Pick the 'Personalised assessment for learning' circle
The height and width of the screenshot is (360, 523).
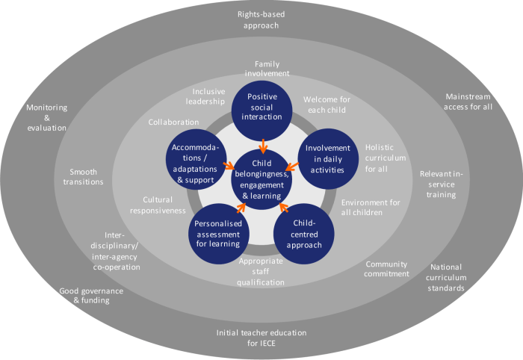(216, 232)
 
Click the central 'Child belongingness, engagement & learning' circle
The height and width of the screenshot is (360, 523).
(261, 179)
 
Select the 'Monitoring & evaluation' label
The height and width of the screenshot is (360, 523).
(46, 117)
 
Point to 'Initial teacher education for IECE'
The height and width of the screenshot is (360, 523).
(261, 338)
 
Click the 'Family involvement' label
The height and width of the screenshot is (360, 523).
(267, 69)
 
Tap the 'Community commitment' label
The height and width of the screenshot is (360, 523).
(387, 268)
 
